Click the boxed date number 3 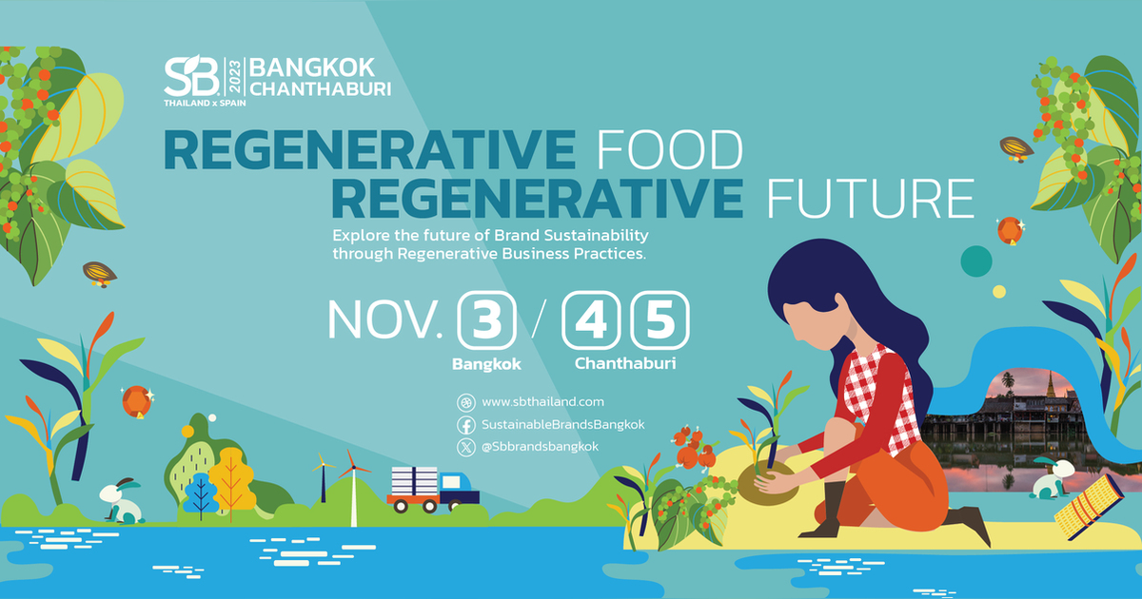pos(487,320)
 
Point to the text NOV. pos(385,320)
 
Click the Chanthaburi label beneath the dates pos(624,364)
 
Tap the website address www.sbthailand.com pos(542,402)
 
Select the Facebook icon pos(466,425)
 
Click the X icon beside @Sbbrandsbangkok pos(466,447)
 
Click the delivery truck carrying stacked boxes pos(433,488)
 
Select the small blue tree pos(200,493)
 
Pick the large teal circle pos(976,260)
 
